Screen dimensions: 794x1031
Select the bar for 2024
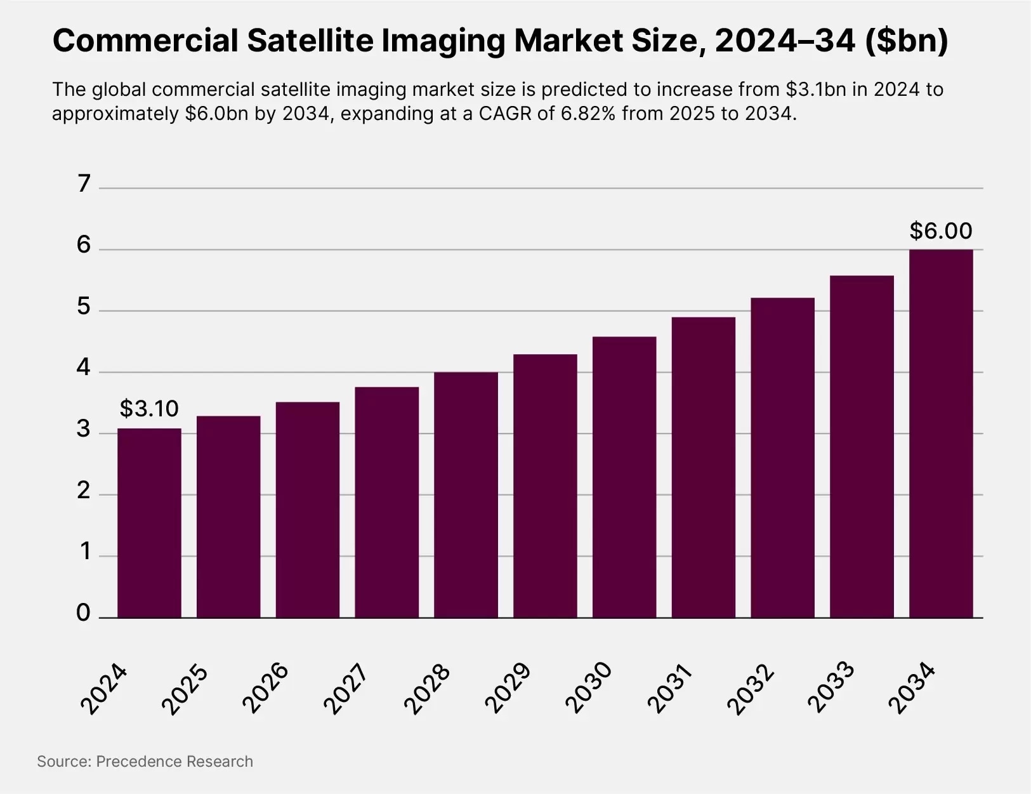149,523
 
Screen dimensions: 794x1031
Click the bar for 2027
386,502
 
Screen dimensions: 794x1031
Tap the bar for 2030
624,477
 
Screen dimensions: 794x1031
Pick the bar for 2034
941,433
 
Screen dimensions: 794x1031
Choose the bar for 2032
782,458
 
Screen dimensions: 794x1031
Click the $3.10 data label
149,409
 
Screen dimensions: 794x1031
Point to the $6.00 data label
941,231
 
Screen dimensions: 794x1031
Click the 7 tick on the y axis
84,184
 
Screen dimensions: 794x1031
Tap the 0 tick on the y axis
84,613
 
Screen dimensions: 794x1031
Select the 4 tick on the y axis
84,368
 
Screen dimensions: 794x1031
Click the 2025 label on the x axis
185,689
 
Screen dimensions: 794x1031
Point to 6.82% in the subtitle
588,114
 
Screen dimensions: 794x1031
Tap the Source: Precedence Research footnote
145,762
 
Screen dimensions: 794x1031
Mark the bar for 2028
466,495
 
